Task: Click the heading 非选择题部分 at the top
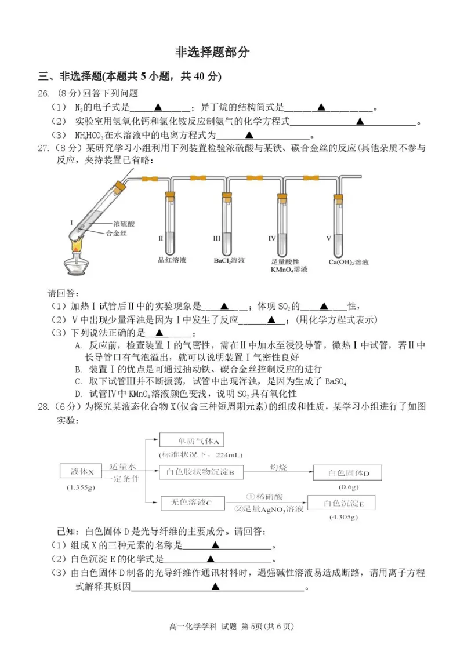[212, 52]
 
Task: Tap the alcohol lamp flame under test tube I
[76, 246]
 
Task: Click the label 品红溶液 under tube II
[172, 261]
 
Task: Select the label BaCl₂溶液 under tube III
[229, 261]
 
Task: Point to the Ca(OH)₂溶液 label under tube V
[348, 262]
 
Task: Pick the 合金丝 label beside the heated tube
[115, 233]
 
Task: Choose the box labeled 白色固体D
[348, 473]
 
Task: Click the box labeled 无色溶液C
[184, 503]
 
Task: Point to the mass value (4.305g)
[343, 516]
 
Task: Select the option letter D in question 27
[78, 394]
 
